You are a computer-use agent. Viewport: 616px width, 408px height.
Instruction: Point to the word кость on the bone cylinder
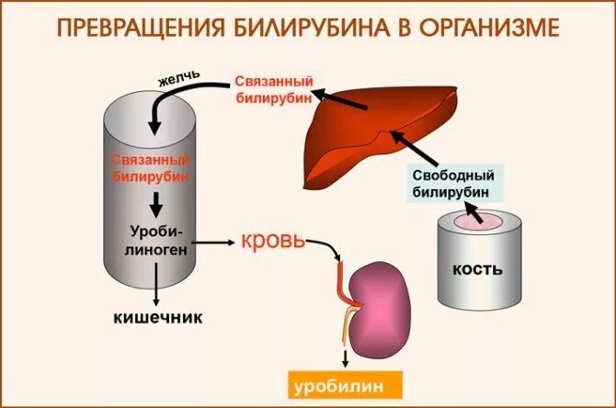(477, 269)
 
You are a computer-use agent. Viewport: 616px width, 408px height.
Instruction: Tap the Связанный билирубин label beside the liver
(273, 91)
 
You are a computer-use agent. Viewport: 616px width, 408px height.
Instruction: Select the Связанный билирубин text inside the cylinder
(152, 165)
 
